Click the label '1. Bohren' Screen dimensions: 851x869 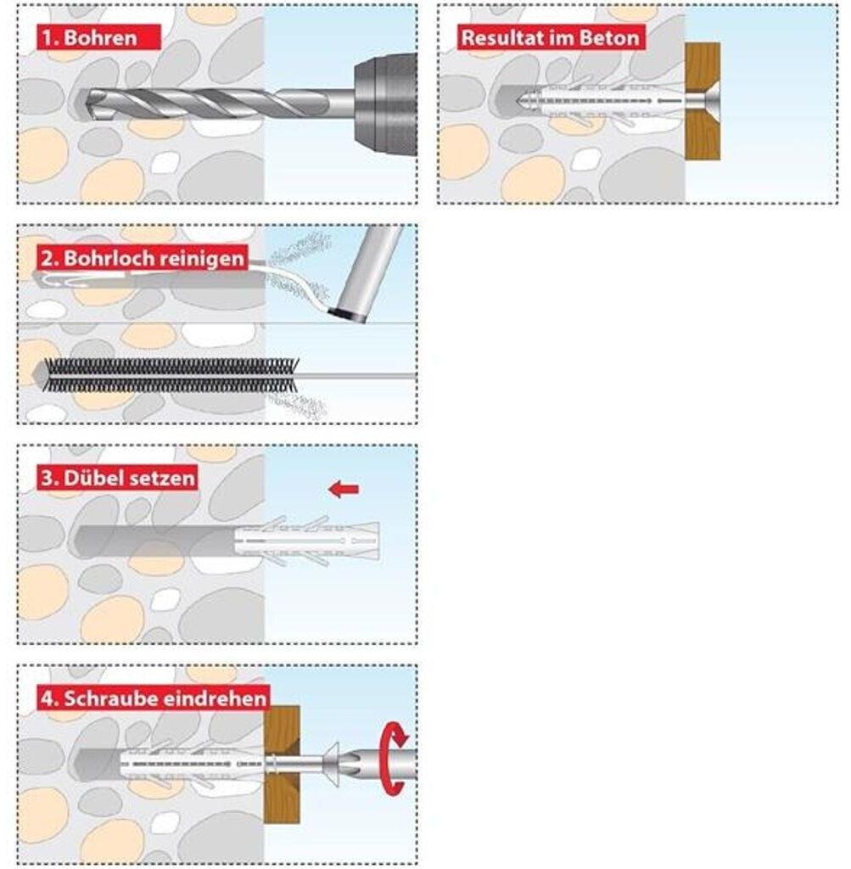89,37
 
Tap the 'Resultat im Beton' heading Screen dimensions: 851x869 550,37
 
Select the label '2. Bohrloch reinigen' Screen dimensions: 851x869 143,258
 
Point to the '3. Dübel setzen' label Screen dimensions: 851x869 118,478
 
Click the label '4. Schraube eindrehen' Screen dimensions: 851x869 154,698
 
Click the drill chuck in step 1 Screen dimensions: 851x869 385,104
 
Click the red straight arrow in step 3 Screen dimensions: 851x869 344,490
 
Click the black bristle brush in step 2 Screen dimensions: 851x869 171,375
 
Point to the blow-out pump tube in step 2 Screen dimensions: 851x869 365,273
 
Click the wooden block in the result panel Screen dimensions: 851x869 703,102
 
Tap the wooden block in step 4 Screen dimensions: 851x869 282,765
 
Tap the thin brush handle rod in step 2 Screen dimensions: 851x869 357,376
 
